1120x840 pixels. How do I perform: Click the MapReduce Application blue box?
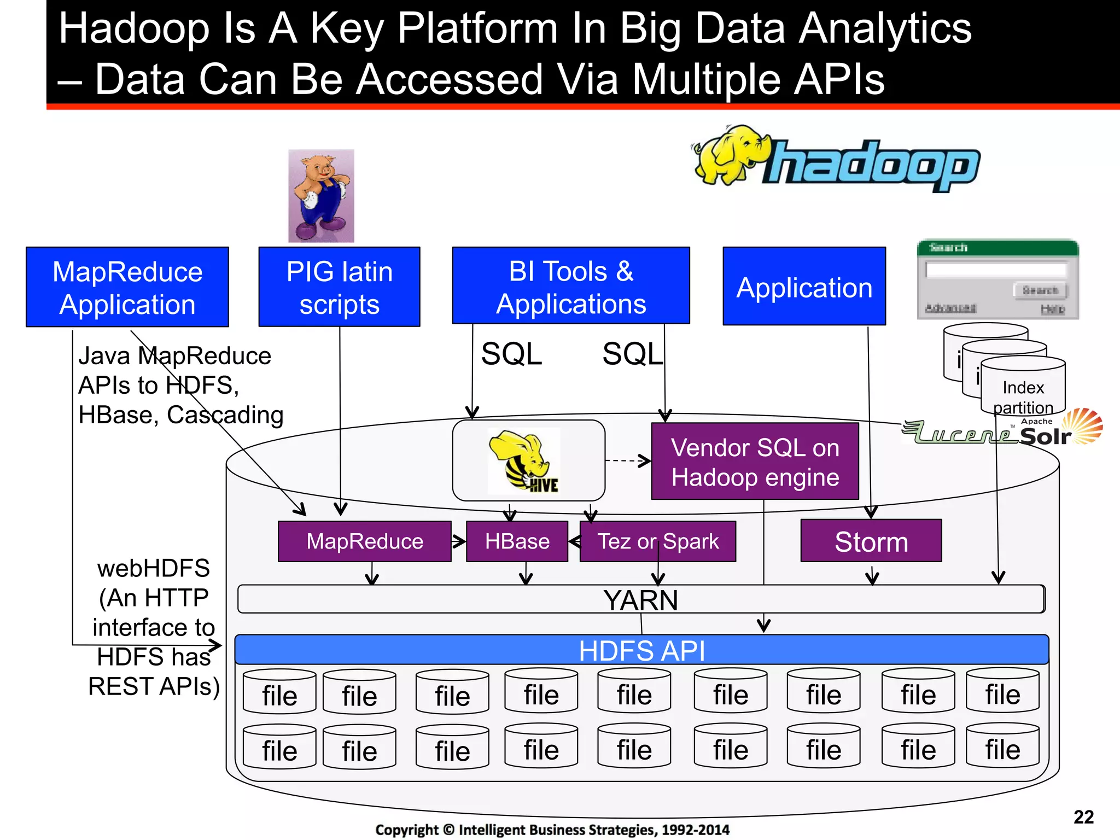(127, 287)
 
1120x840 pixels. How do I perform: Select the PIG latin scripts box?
(339, 287)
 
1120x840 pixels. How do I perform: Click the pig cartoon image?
(321, 196)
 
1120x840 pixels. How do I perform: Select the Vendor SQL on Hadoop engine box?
(755, 462)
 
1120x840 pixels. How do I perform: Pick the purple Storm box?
(871, 541)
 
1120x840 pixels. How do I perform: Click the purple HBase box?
(517, 541)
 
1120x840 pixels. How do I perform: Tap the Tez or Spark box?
(658, 541)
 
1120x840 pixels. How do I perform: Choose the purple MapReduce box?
(365, 541)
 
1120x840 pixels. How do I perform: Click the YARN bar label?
(641, 600)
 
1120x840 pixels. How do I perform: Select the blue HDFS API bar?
(641, 650)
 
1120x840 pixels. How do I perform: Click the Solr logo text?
(1046, 436)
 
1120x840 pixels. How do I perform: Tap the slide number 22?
(1083, 817)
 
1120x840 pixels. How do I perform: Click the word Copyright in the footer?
(406, 830)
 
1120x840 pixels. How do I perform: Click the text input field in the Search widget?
(996, 270)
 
